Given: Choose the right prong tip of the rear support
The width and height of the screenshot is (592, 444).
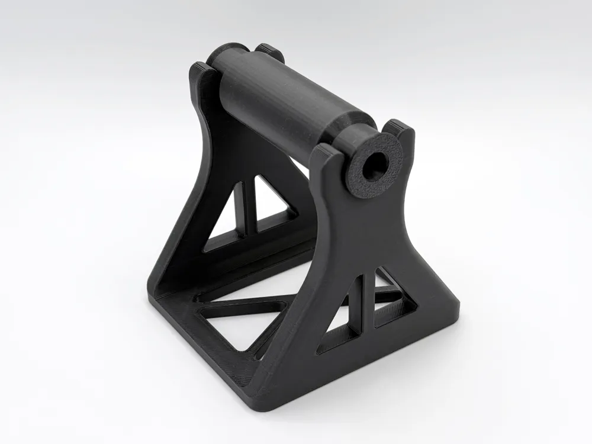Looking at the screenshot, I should (x=269, y=51).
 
